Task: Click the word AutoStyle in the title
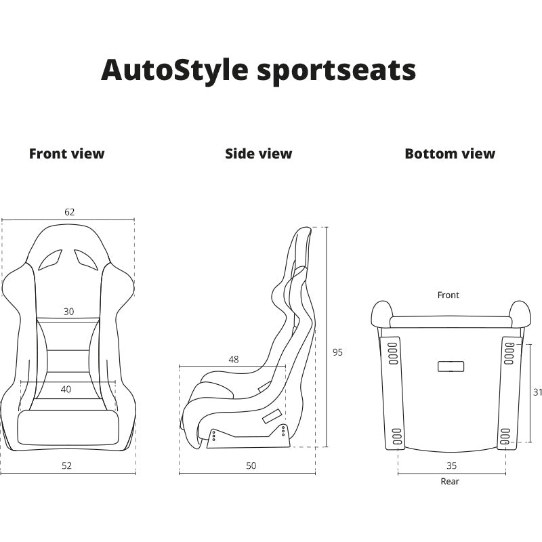175,71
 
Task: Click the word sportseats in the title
336,72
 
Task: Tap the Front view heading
66,154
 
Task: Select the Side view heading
259,154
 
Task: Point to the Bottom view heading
450,154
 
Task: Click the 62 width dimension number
70,212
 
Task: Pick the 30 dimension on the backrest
69,312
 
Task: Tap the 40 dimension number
66,390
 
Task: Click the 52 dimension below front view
66,466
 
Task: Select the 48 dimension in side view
234,360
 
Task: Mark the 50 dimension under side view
251,466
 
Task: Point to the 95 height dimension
337,352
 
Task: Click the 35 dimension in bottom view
452,466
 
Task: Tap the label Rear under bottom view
450,482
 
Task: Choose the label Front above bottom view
449,295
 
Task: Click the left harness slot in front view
50,259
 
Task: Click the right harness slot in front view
87,259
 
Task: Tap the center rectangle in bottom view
451,367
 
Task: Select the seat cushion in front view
68,428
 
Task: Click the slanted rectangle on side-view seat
272,416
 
